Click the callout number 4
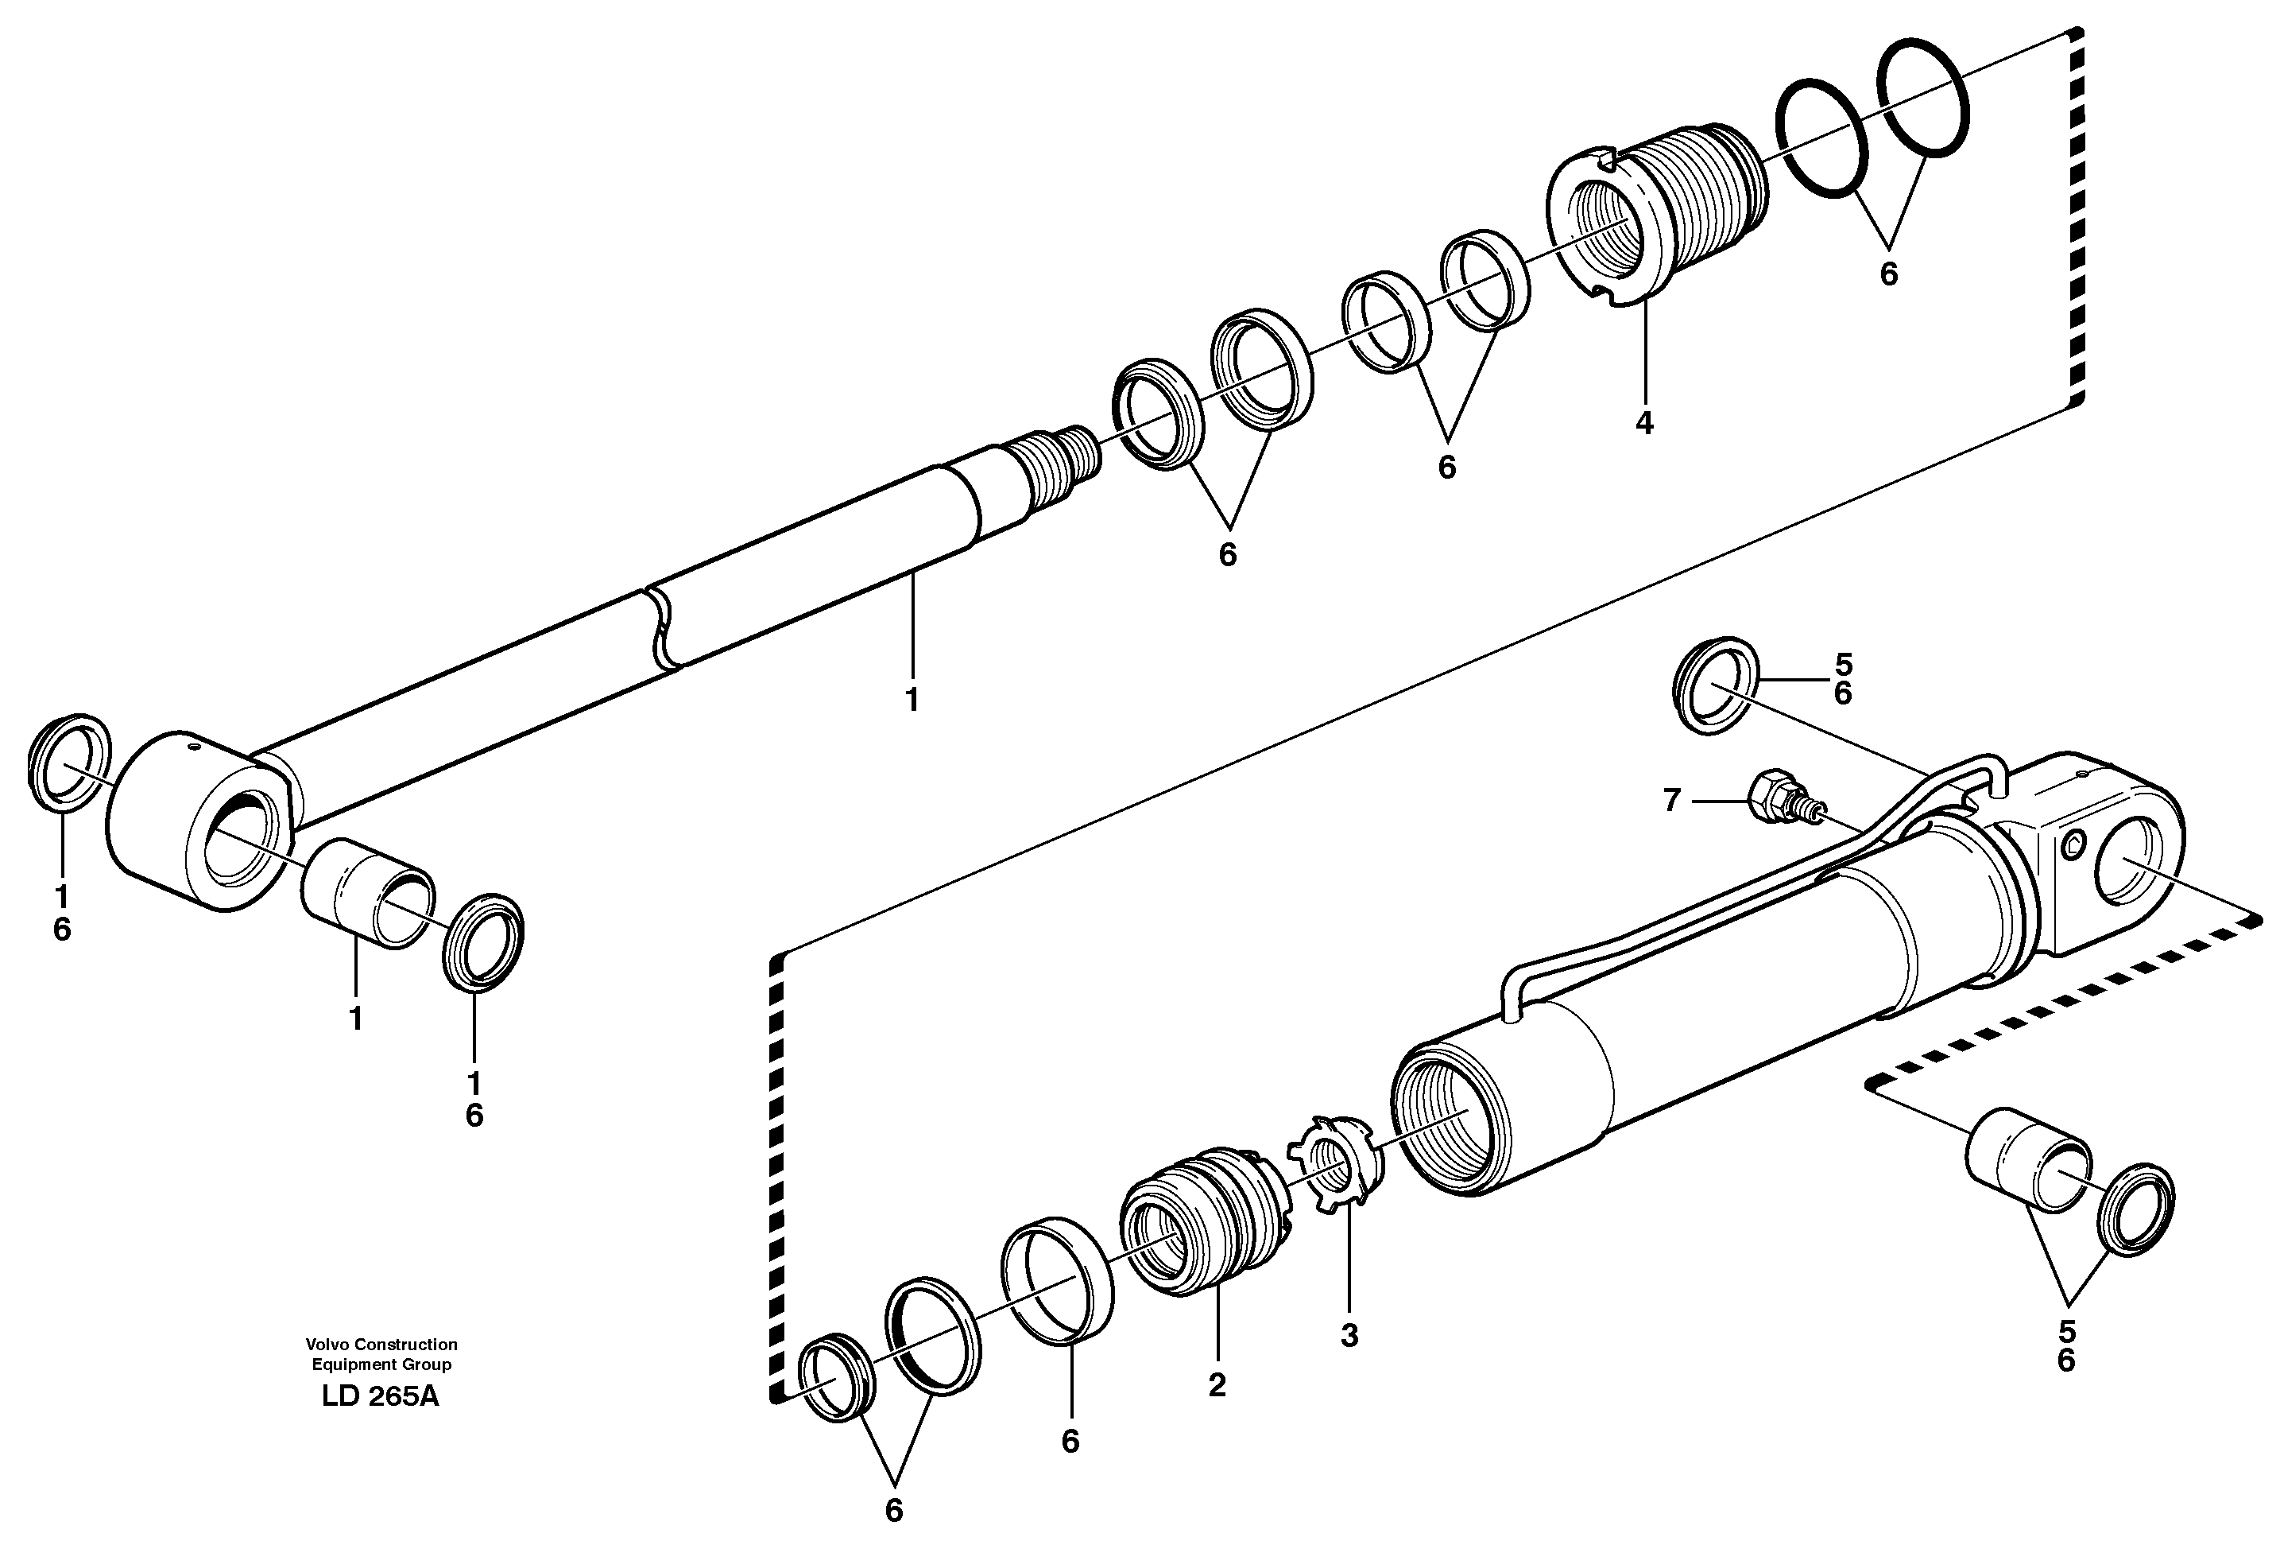pos(1644,423)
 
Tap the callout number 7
pos(1673,801)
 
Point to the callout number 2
pos(1217,1386)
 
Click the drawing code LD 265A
pos(381,1397)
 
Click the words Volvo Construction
pos(381,1344)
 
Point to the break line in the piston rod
pos(661,628)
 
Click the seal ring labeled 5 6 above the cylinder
pos(1714,698)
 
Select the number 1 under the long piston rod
pos(912,700)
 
